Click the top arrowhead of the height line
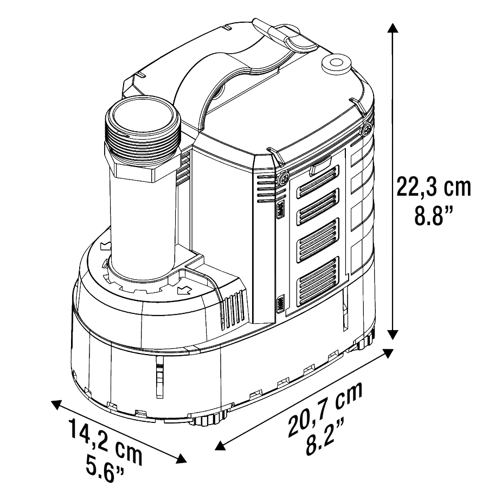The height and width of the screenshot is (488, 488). [x=393, y=28]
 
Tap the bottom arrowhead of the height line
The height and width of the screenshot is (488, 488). [x=393, y=335]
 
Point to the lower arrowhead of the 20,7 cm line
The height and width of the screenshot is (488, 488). [x=220, y=445]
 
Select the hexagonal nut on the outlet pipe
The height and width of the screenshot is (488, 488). [x=142, y=162]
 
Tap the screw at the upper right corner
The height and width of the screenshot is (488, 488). [x=368, y=127]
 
